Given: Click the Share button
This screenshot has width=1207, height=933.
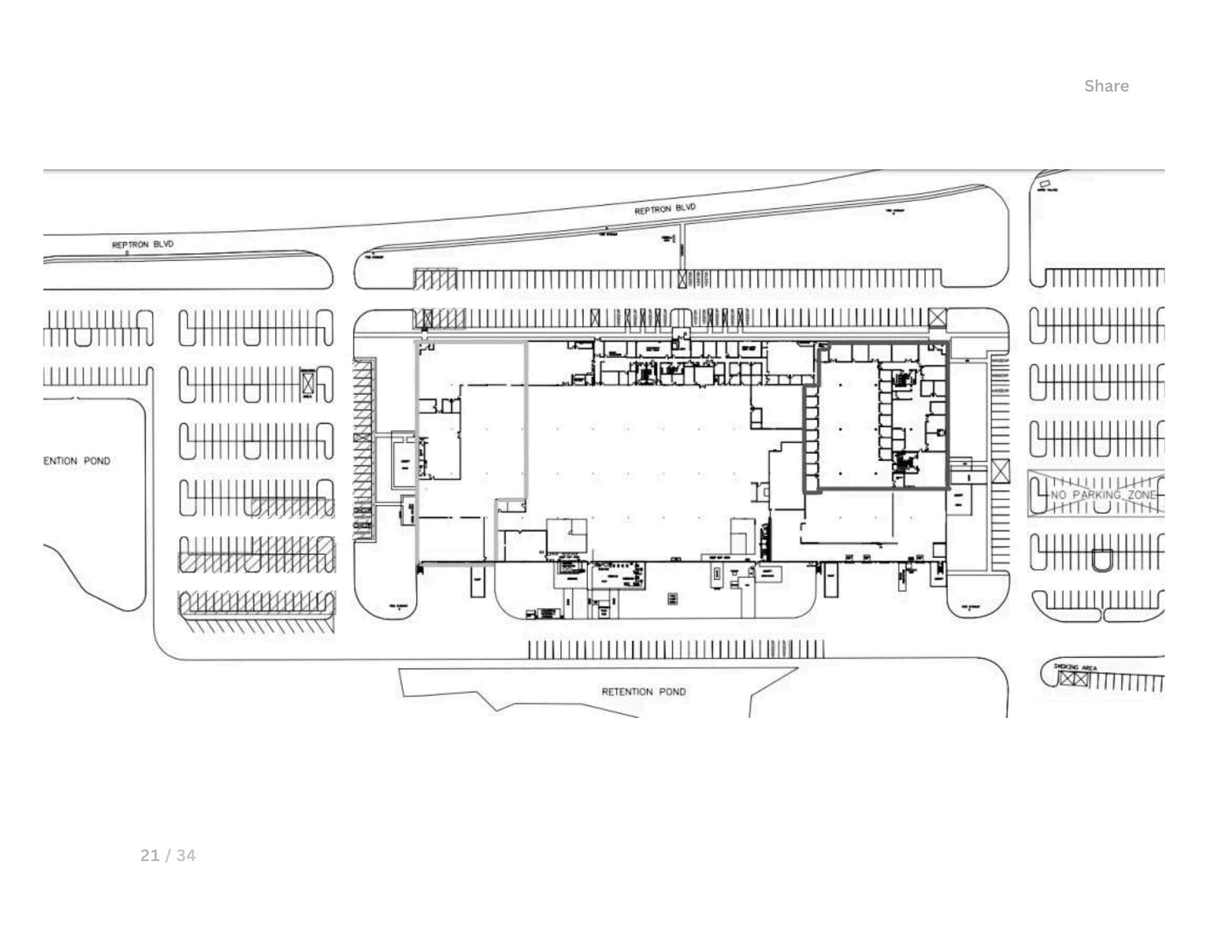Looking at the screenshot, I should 1106,86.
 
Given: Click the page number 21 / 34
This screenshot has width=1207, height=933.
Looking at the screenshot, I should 168,855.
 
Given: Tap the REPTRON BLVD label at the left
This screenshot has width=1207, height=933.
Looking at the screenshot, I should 143,244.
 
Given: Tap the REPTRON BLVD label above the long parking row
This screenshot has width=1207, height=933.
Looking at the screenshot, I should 664,209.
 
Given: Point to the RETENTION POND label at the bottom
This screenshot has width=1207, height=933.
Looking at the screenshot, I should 643,691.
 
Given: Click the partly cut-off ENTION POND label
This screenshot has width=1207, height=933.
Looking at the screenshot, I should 77,461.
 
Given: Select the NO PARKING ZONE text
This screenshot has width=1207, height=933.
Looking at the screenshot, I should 1102,494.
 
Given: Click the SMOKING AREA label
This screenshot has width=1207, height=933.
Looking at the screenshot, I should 1075,667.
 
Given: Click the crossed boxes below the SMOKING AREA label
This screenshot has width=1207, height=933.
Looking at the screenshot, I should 1073,679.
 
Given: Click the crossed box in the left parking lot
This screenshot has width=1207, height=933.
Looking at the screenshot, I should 308,384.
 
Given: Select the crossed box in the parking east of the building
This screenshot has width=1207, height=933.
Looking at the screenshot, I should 1000,472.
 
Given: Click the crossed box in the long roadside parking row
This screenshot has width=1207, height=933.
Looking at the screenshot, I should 682,279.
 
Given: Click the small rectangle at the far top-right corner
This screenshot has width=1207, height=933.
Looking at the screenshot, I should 1045,184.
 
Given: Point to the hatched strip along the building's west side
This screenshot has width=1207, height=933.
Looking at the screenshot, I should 363,448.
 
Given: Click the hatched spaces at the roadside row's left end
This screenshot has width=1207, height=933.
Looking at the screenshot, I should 435,279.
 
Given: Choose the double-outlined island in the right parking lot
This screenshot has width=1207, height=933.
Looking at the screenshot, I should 1102,560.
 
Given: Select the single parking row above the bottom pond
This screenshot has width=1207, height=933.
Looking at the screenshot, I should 675,649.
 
